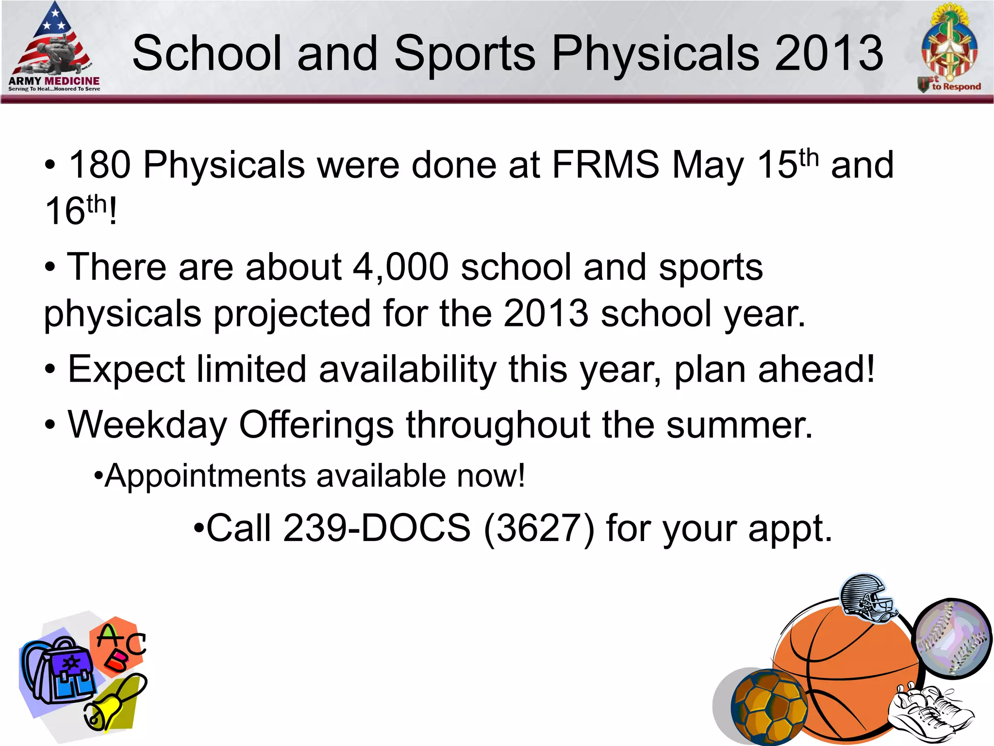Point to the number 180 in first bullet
click(99, 165)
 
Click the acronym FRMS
click(606, 165)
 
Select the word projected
click(292, 313)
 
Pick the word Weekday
click(147, 424)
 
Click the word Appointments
click(205, 475)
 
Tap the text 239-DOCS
click(377, 528)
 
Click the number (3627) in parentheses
click(539, 528)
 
